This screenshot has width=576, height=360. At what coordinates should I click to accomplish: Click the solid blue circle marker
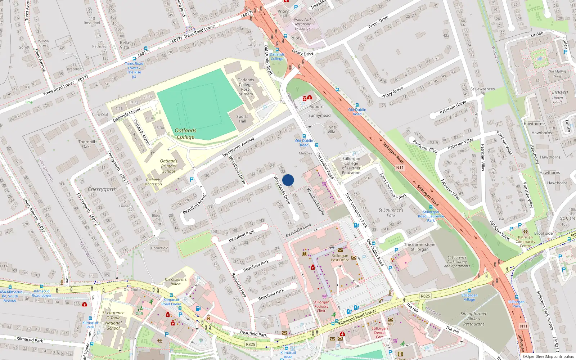(x=288, y=180)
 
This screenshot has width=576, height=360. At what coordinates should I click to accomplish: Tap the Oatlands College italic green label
(x=185, y=134)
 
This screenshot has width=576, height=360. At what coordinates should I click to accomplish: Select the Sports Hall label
(x=242, y=119)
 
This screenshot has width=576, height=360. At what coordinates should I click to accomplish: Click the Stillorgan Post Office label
(x=340, y=258)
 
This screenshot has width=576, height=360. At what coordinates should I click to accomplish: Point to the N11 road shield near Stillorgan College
(x=400, y=168)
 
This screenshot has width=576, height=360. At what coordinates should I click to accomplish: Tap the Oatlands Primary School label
(x=168, y=166)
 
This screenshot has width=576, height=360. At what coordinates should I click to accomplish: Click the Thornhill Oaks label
(x=87, y=144)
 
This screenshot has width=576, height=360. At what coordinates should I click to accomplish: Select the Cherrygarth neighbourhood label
(x=102, y=189)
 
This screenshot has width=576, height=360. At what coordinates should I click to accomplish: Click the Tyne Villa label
(x=331, y=129)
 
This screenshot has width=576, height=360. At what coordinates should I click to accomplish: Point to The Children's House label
(x=176, y=282)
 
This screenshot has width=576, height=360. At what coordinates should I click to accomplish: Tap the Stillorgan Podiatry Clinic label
(x=321, y=306)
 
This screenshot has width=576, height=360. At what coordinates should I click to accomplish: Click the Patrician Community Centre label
(x=525, y=242)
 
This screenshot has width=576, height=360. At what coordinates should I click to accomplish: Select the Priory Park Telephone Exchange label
(x=302, y=24)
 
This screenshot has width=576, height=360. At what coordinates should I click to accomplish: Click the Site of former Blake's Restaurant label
(x=473, y=319)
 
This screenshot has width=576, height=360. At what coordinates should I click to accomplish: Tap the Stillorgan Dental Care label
(x=379, y=333)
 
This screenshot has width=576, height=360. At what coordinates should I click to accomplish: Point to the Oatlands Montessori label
(x=153, y=182)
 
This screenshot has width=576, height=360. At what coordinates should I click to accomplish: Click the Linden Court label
(x=558, y=100)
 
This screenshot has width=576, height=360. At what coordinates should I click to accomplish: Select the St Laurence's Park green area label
(x=391, y=212)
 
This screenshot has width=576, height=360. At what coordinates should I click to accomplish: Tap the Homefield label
(x=159, y=248)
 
